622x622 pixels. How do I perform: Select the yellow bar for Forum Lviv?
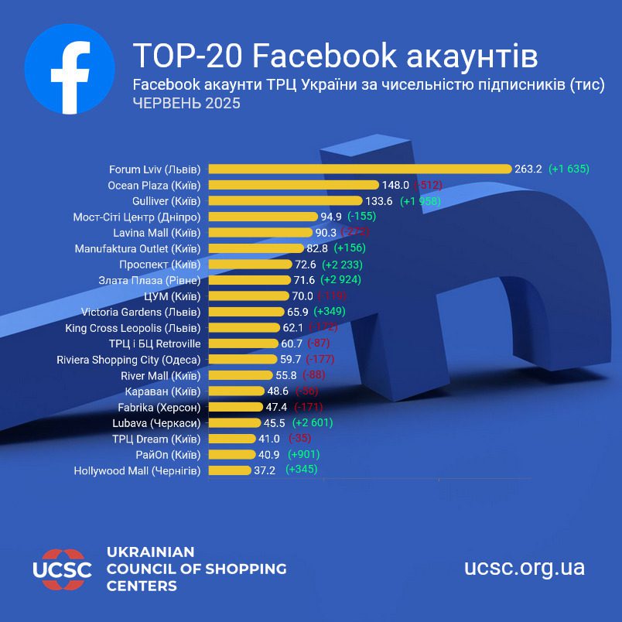[360, 169]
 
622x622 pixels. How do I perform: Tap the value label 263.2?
[528, 169]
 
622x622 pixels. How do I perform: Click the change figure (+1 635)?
[569, 169]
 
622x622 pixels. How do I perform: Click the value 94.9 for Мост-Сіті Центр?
[332, 217]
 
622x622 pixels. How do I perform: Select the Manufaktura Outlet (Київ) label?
[138, 248]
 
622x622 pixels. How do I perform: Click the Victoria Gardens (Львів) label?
[141, 312]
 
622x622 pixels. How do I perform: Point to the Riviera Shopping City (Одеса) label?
[128, 359]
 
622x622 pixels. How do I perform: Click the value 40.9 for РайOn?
[270, 454]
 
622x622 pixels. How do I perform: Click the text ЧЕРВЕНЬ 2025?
[186, 103]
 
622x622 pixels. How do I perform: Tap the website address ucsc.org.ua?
[524, 568]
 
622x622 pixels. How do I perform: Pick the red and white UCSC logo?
[62, 569]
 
